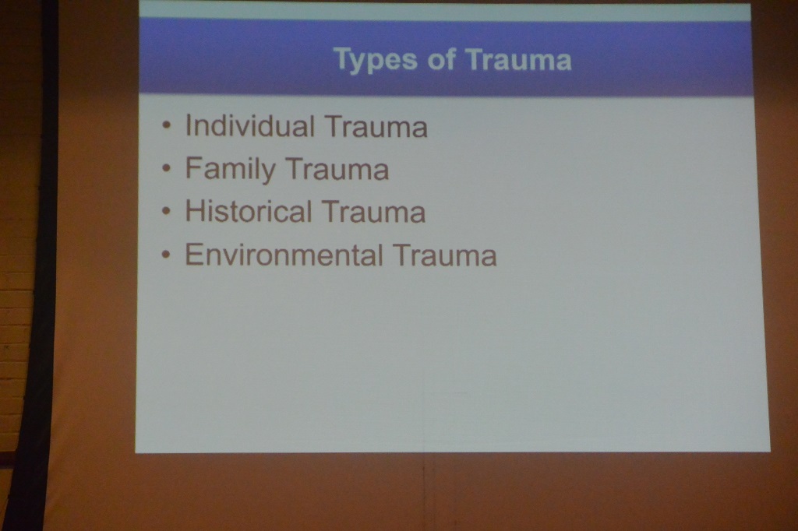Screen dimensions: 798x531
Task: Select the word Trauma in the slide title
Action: tap(518, 59)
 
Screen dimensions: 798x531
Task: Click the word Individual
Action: tap(249, 125)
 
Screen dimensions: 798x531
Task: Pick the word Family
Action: tap(230, 170)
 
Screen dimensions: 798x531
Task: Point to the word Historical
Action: tap(249, 210)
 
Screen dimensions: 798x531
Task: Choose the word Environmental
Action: tap(284, 255)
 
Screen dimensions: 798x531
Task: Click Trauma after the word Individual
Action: tap(376, 126)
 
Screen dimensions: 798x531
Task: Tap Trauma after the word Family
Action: tap(337, 169)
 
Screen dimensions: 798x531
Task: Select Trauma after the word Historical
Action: tap(373, 212)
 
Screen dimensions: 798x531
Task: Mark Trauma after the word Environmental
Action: tap(444, 255)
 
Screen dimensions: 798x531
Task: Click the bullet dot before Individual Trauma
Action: tap(167, 125)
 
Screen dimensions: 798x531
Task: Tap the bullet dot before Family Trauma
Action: tap(167, 168)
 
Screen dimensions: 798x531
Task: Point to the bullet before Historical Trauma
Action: tap(167, 210)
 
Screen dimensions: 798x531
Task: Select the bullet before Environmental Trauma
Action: tap(167, 254)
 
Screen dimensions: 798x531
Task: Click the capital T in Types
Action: tap(343, 58)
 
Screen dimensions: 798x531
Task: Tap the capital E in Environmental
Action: tap(193, 254)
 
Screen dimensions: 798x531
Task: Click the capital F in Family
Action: tap(193, 168)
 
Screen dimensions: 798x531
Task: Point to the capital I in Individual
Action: tap(188, 125)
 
